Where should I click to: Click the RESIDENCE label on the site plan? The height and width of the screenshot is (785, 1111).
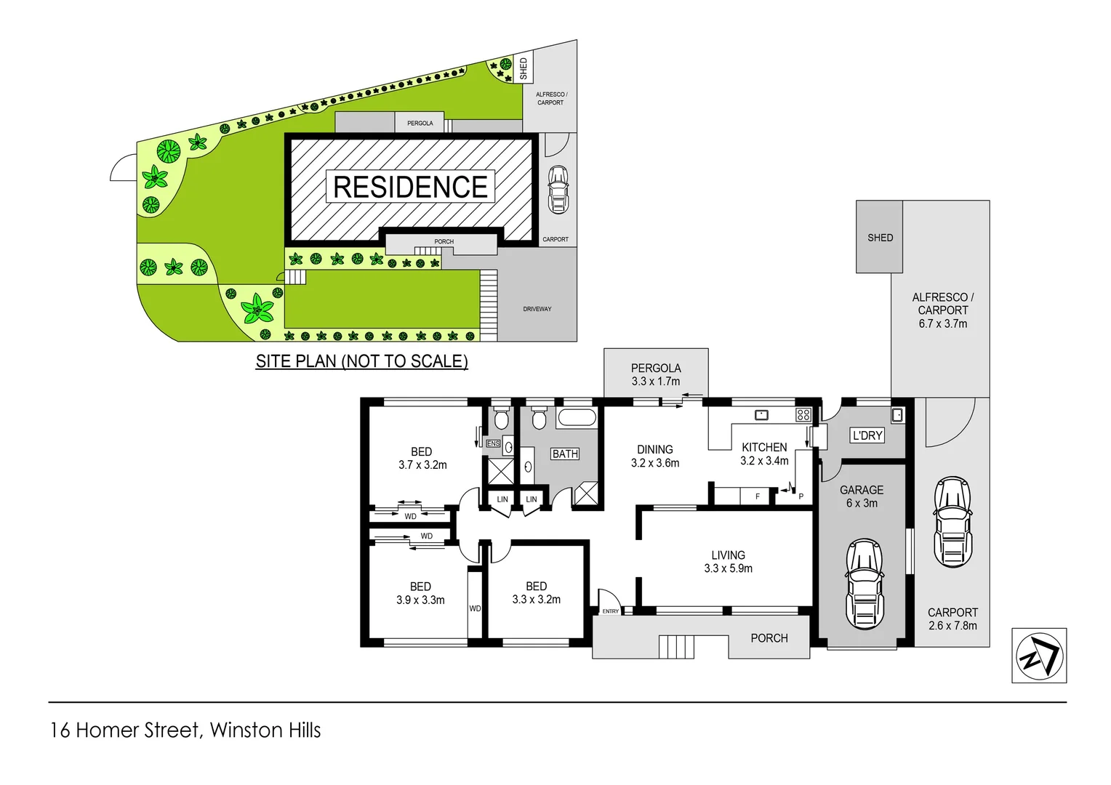click(x=410, y=187)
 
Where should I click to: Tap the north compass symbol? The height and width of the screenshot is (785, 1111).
click(x=1039, y=656)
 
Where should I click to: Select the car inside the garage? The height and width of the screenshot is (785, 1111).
click(x=865, y=584)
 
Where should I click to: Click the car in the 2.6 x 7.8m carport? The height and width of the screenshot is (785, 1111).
click(x=952, y=522)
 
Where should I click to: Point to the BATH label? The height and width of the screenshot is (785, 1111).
click(x=565, y=454)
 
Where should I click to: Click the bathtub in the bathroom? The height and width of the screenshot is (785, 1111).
click(x=577, y=418)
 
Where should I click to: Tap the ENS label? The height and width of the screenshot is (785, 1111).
click(x=493, y=443)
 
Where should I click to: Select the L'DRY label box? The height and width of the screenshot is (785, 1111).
click(x=867, y=435)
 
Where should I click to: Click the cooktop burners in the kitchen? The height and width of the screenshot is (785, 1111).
click(x=803, y=415)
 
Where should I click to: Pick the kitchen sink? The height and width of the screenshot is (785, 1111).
click(x=761, y=415)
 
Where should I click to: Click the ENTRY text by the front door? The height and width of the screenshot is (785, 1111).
click(x=610, y=611)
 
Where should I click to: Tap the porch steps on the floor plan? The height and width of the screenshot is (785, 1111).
click(x=676, y=646)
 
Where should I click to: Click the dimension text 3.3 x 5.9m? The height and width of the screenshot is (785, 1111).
click(x=728, y=568)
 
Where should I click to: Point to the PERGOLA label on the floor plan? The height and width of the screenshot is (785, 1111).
click(x=656, y=369)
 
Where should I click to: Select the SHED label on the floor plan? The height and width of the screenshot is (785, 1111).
click(x=880, y=238)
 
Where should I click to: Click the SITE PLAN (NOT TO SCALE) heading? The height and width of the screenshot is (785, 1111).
click(x=361, y=361)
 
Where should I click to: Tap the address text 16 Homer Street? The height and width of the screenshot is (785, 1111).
click(x=124, y=730)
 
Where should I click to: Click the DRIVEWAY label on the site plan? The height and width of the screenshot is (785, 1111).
click(x=537, y=309)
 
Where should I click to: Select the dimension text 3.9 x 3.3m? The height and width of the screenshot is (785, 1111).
click(x=420, y=600)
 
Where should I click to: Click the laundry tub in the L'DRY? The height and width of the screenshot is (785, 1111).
click(x=897, y=415)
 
